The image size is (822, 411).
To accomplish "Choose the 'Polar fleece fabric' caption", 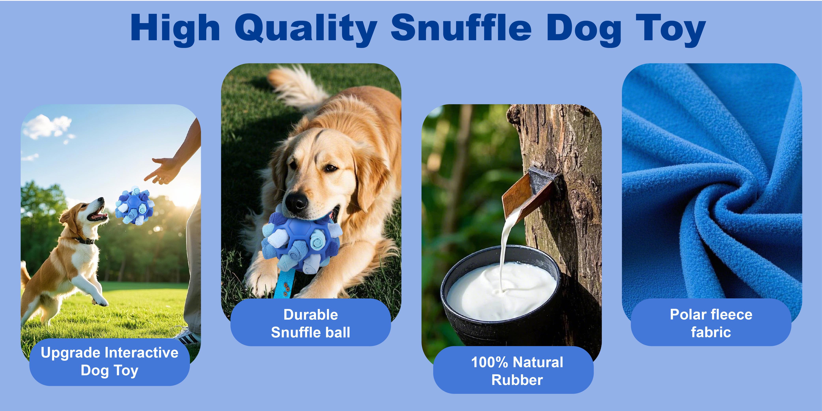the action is (x=711, y=323).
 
